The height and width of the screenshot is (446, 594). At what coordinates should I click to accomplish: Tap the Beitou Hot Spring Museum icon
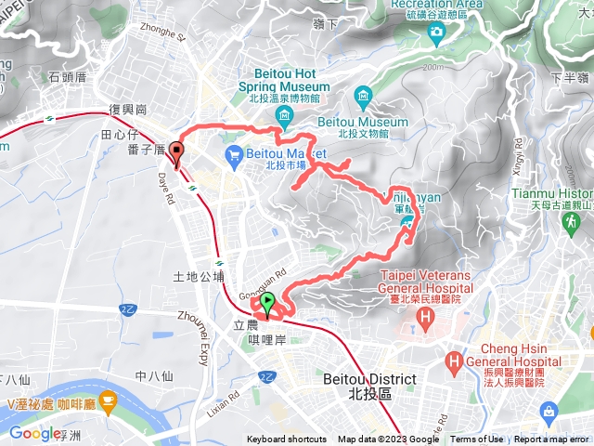[x=284, y=115]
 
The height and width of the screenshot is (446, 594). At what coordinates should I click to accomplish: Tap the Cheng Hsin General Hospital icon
[x=455, y=361]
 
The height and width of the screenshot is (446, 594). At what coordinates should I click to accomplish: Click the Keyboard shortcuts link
[x=287, y=439]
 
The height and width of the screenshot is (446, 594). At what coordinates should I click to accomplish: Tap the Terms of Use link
[x=477, y=439]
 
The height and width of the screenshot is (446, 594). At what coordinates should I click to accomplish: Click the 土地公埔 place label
[x=199, y=276]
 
